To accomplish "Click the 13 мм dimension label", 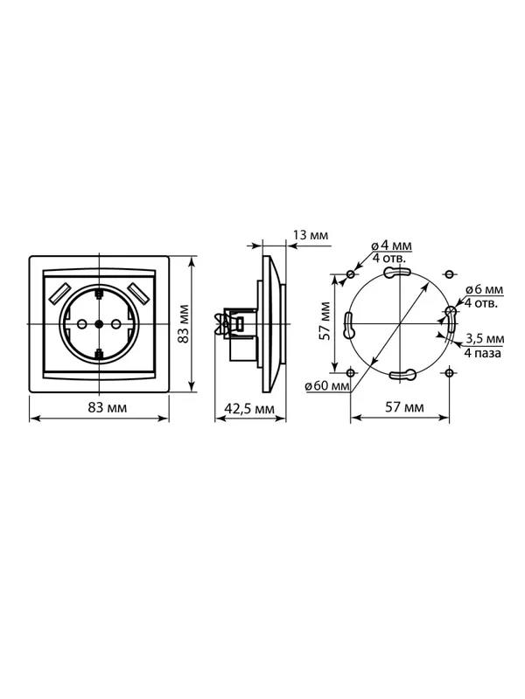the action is (311, 235).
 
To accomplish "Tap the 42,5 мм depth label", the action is (249, 408).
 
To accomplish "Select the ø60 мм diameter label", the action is (327, 385).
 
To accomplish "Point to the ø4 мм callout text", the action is (391, 246).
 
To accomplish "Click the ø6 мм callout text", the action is (484, 289).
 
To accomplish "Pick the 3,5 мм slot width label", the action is (485, 339).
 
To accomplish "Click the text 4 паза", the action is (482, 353).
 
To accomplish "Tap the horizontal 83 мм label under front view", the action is (107, 407).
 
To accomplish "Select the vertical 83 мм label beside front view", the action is (184, 324).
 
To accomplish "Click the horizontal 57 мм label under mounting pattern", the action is (404, 407).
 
